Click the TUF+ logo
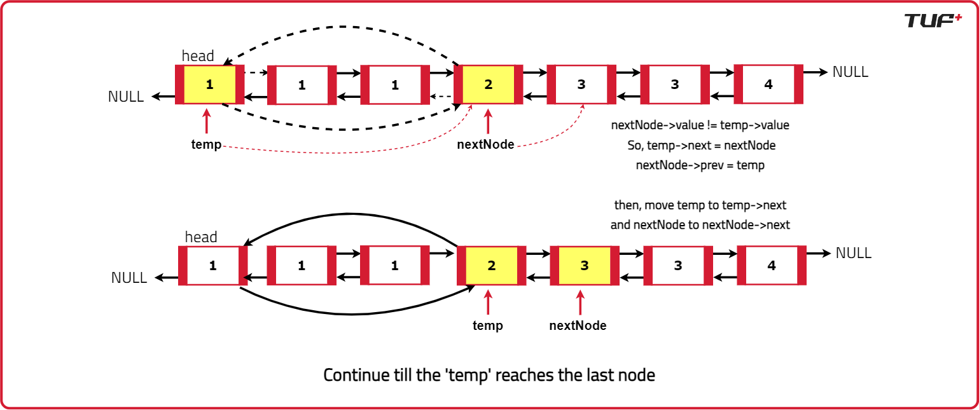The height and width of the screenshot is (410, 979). (933, 20)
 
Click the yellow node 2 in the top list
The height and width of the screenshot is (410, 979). (488, 85)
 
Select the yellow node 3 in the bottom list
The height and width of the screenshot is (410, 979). (584, 266)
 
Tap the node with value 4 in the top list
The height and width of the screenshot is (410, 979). (768, 84)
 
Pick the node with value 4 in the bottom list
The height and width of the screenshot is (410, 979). (771, 265)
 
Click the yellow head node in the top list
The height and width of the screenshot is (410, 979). (210, 85)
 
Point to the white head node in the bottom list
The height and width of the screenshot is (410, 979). (212, 266)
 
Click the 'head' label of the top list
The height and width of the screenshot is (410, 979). (198, 56)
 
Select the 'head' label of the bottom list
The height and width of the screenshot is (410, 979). (201, 237)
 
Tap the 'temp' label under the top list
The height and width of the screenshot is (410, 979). (206, 144)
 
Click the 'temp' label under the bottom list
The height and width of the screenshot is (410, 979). (488, 325)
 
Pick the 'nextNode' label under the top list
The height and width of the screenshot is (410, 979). (485, 144)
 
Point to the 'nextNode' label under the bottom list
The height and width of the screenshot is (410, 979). (578, 325)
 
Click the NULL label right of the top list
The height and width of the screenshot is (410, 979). (850, 72)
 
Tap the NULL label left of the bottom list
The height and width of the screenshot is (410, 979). (129, 278)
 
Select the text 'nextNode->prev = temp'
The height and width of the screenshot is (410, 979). (700, 165)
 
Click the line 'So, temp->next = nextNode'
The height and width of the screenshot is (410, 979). (700, 146)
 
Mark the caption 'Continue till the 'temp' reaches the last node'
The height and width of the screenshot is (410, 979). (489, 375)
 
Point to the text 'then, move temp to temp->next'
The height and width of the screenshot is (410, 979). (700, 205)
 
